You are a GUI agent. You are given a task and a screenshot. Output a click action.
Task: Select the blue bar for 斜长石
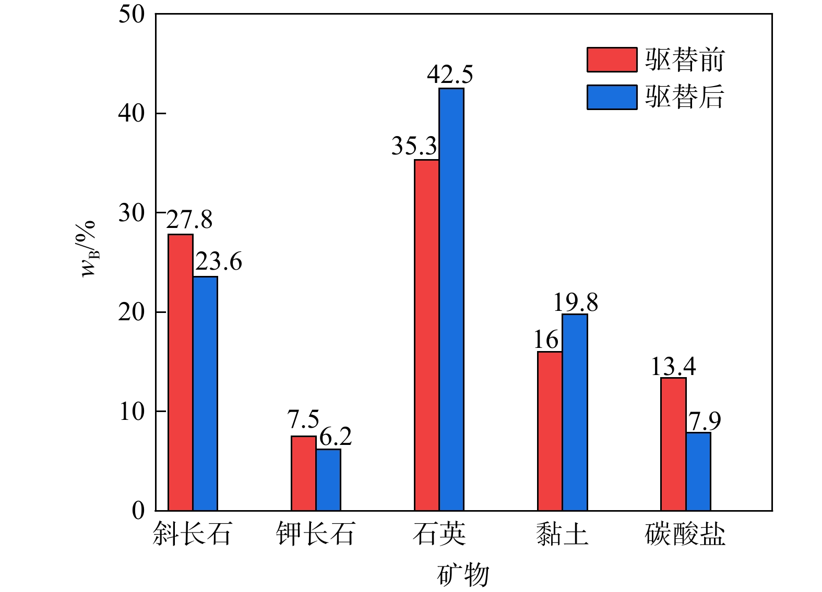click(x=205, y=393)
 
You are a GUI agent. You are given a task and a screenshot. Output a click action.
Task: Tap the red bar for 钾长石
click(x=304, y=473)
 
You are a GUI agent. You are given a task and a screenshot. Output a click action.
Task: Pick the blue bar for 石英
click(x=451, y=299)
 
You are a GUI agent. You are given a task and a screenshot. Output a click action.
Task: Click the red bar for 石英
click(x=427, y=335)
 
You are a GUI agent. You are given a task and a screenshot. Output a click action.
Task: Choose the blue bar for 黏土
click(x=575, y=412)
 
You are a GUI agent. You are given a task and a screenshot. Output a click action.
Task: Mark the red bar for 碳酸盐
click(x=673, y=444)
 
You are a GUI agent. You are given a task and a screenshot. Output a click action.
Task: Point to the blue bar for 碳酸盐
click(x=698, y=471)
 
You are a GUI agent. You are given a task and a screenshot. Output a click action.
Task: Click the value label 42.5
click(x=450, y=75)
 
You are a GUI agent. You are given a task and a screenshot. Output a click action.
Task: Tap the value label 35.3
click(x=414, y=147)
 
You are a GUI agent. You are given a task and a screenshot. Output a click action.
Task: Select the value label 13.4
click(x=673, y=367)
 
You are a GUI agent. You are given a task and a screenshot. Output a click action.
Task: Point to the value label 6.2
click(x=336, y=437)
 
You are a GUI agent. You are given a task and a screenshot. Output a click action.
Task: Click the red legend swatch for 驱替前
click(x=612, y=59)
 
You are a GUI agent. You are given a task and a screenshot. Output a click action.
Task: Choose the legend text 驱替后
click(x=684, y=97)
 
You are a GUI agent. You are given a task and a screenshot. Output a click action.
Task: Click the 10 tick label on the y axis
click(x=131, y=412)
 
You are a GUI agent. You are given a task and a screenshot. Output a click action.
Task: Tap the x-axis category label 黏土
click(x=562, y=534)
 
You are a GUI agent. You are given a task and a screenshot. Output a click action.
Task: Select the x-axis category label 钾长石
click(x=316, y=534)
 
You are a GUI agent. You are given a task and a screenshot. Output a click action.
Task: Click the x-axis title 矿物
click(x=463, y=575)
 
